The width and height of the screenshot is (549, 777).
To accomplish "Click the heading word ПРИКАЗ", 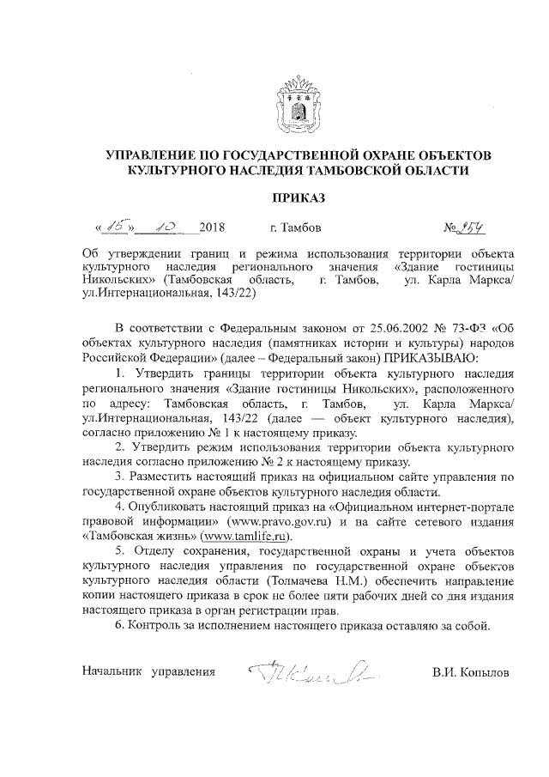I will (298, 198).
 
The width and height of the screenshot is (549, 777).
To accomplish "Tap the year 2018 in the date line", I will (211, 228).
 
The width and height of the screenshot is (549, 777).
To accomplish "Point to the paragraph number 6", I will (118, 625).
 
